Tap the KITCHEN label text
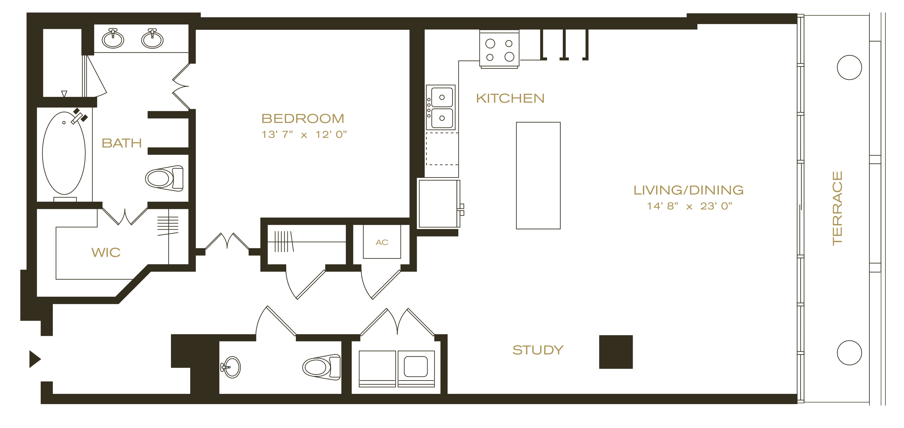(x=510, y=98)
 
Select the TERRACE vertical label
(x=837, y=208)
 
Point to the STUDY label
(x=538, y=350)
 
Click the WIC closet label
(x=106, y=252)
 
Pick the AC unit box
(x=382, y=242)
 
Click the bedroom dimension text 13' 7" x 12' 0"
(x=304, y=135)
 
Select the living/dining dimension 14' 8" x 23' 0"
(x=690, y=206)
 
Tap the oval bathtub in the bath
(x=64, y=153)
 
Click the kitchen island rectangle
(x=538, y=176)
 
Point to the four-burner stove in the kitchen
(x=499, y=49)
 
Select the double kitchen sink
(x=441, y=108)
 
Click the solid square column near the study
(x=616, y=352)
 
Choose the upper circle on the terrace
(x=849, y=68)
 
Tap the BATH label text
(x=122, y=143)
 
